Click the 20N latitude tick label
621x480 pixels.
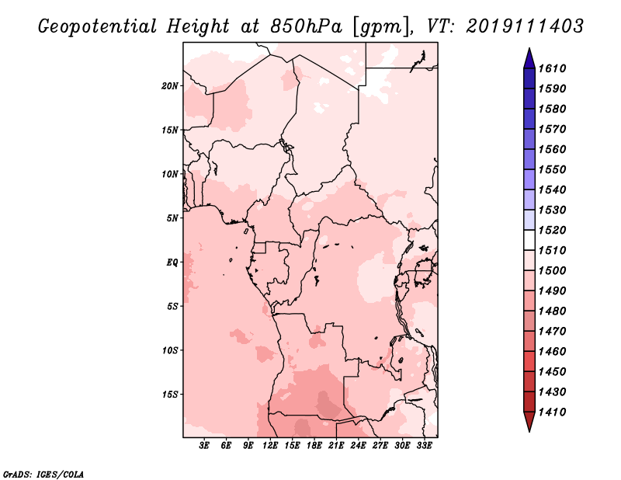coord(170,86)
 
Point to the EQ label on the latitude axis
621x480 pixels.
coord(172,263)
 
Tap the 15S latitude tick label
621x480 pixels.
coord(170,395)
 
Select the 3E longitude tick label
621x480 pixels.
coord(204,446)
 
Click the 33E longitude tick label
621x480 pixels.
coord(424,446)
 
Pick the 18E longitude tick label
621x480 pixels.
coord(314,446)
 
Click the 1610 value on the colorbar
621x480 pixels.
coord(552,68)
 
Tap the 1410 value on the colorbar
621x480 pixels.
coord(552,412)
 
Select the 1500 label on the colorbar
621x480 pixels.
coord(552,271)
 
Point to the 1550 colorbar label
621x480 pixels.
coord(552,169)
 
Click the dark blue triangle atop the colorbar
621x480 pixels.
coord(529,59)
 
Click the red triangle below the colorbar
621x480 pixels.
coord(529,421)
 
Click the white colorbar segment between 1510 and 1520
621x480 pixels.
coord(529,240)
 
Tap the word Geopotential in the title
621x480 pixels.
coord(98,27)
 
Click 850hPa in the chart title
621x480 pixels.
coord(305,26)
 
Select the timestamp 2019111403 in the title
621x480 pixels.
coord(525,26)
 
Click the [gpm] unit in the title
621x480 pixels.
coord(380,27)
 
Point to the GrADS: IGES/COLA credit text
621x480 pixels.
coord(43,474)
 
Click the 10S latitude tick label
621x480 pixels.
coord(170,350)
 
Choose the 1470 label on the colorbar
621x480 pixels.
coord(552,332)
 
